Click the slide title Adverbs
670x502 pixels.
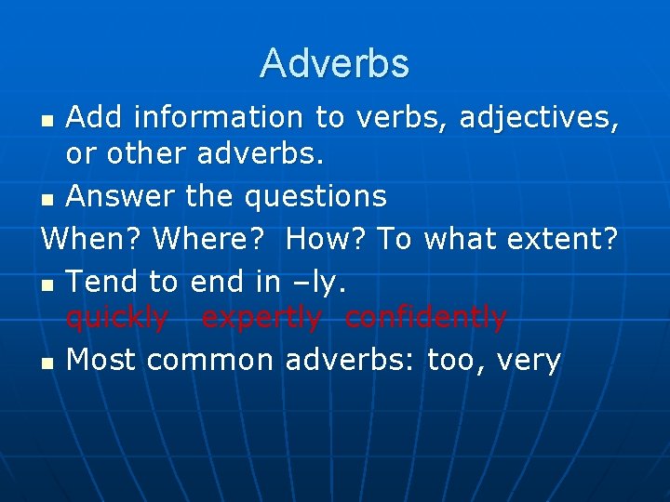pyautogui.click(x=334, y=63)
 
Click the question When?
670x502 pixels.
pyautogui.click(x=92, y=239)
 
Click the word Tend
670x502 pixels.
pyautogui.click(x=101, y=282)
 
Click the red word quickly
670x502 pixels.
pyautogui.click(x=117, y=319)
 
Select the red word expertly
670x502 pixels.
pyautogui.click(x=261, y=319)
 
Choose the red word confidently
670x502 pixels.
pyautogui.click(x=425, y=318)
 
